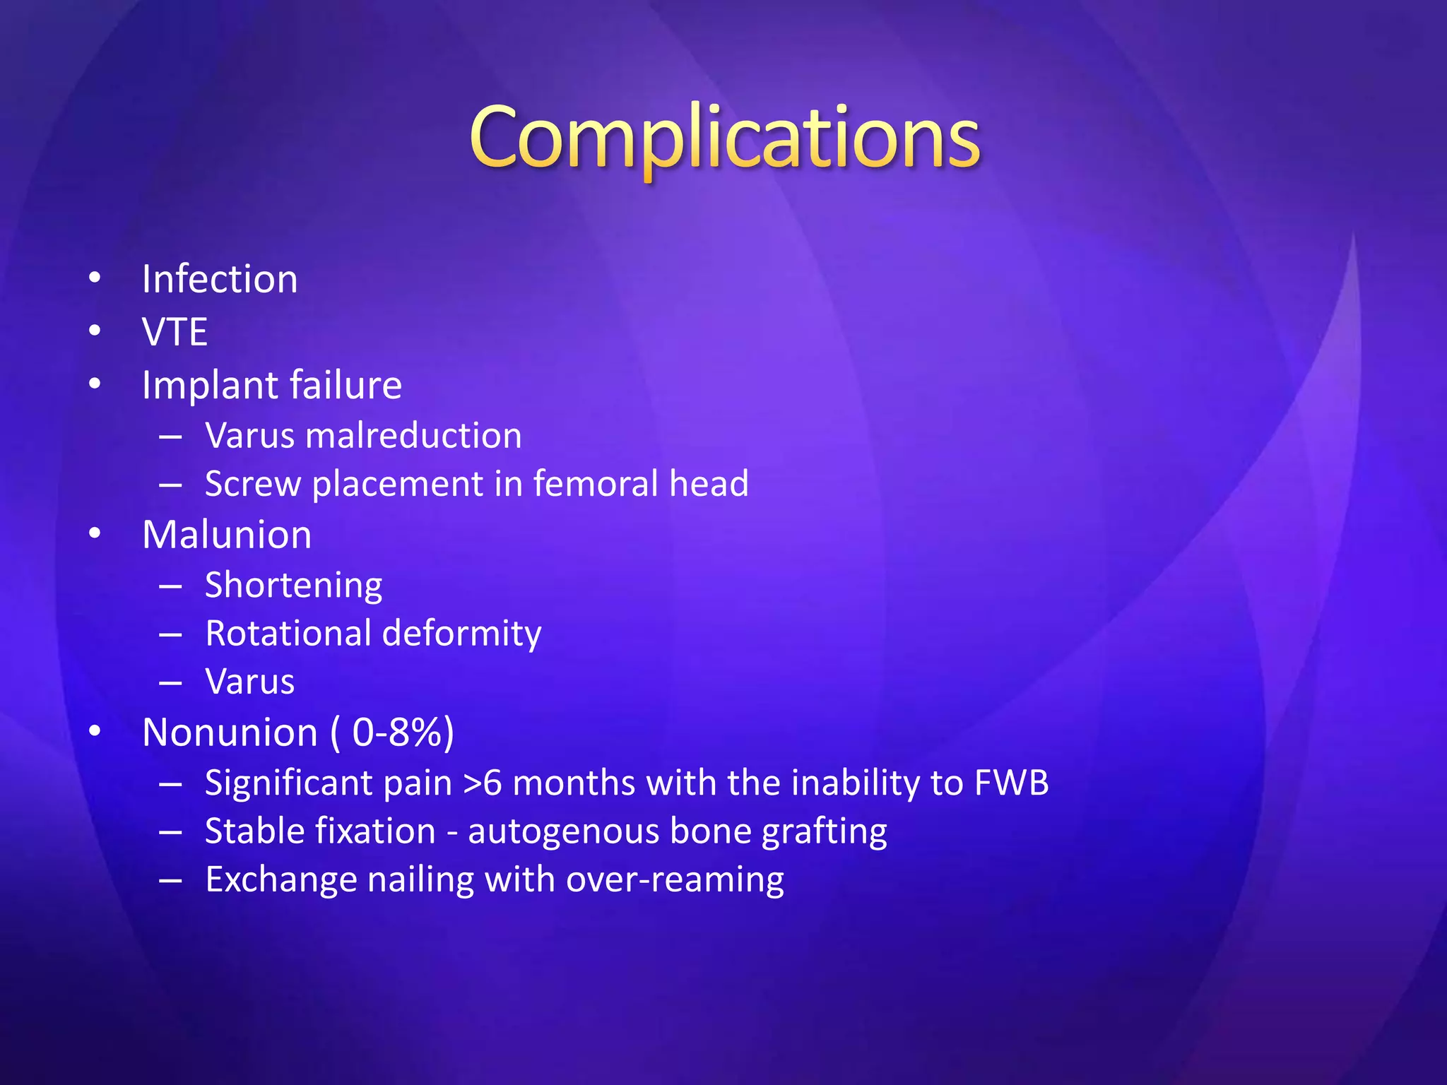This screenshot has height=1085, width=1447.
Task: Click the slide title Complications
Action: tap(724, 138)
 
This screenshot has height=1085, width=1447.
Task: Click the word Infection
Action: tap(220, 279)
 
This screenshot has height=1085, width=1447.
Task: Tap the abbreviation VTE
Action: tap(175, 332)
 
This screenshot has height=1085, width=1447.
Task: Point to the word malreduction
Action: tap(413, 436)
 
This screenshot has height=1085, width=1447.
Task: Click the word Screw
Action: tap(252, 485)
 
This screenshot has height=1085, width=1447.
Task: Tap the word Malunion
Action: tap(227, 535)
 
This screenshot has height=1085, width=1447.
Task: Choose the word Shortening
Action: tap(293, 586)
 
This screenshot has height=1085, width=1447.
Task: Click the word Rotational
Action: tap(287, 633)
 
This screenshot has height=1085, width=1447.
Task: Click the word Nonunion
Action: tap(230, 733)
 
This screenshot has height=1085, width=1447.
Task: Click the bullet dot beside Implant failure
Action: tap(95, 385)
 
